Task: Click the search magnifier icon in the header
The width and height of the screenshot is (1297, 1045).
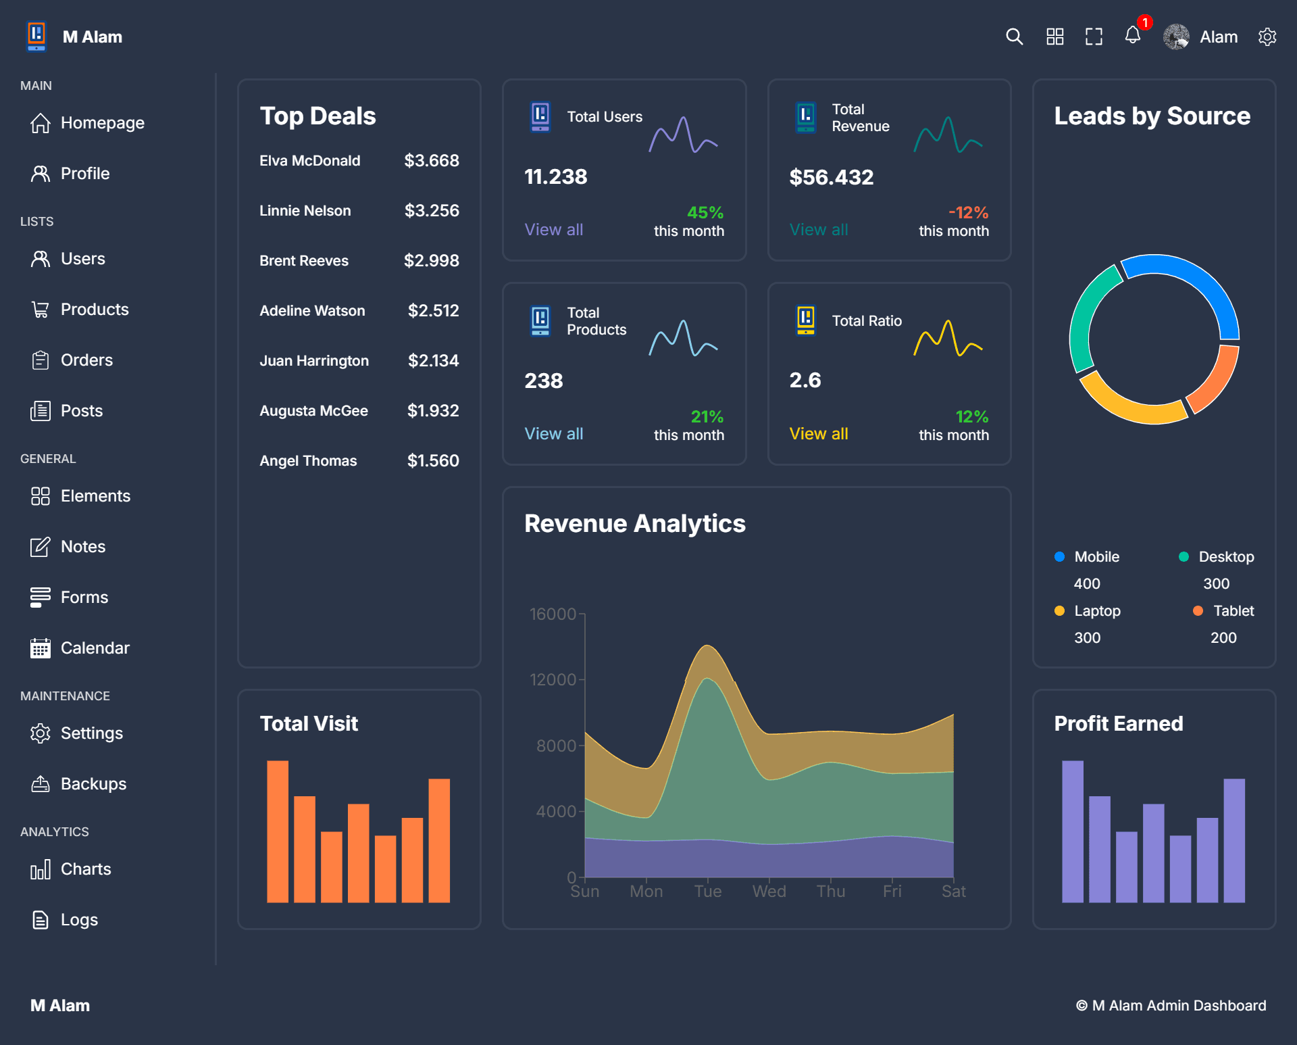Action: coord(1014,37)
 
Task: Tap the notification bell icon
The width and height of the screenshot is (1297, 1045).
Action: coord(1133,36)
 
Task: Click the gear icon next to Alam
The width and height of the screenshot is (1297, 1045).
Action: coord(1267,37)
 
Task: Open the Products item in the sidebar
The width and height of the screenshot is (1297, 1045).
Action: coord(94,310)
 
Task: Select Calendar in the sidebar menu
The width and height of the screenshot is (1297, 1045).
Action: coord(95,648)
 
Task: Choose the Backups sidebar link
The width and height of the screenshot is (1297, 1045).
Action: coord(93,784)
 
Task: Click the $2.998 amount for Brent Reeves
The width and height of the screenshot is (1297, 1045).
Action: coord(431,261)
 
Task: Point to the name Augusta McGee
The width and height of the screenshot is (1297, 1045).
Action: coord(313,411)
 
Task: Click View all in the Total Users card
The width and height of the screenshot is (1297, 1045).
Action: coord(553,230)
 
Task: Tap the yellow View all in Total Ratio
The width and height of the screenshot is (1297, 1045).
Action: coord(819,434)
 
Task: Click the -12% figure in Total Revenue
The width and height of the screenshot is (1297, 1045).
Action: coord(968,213)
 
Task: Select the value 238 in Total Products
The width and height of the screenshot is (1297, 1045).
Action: coord(543,381)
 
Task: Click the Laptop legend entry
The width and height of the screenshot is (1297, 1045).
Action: coord(1096,611)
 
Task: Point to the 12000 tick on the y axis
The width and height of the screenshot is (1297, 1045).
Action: coord(553,680)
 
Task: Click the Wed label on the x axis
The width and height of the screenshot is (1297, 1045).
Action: coord(769,892)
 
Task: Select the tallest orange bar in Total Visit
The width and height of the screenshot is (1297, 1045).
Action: coord(278,831)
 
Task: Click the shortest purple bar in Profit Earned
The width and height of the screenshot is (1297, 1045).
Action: coord(1180,869)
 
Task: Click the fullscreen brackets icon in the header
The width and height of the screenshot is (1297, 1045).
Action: coord(1094,37)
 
